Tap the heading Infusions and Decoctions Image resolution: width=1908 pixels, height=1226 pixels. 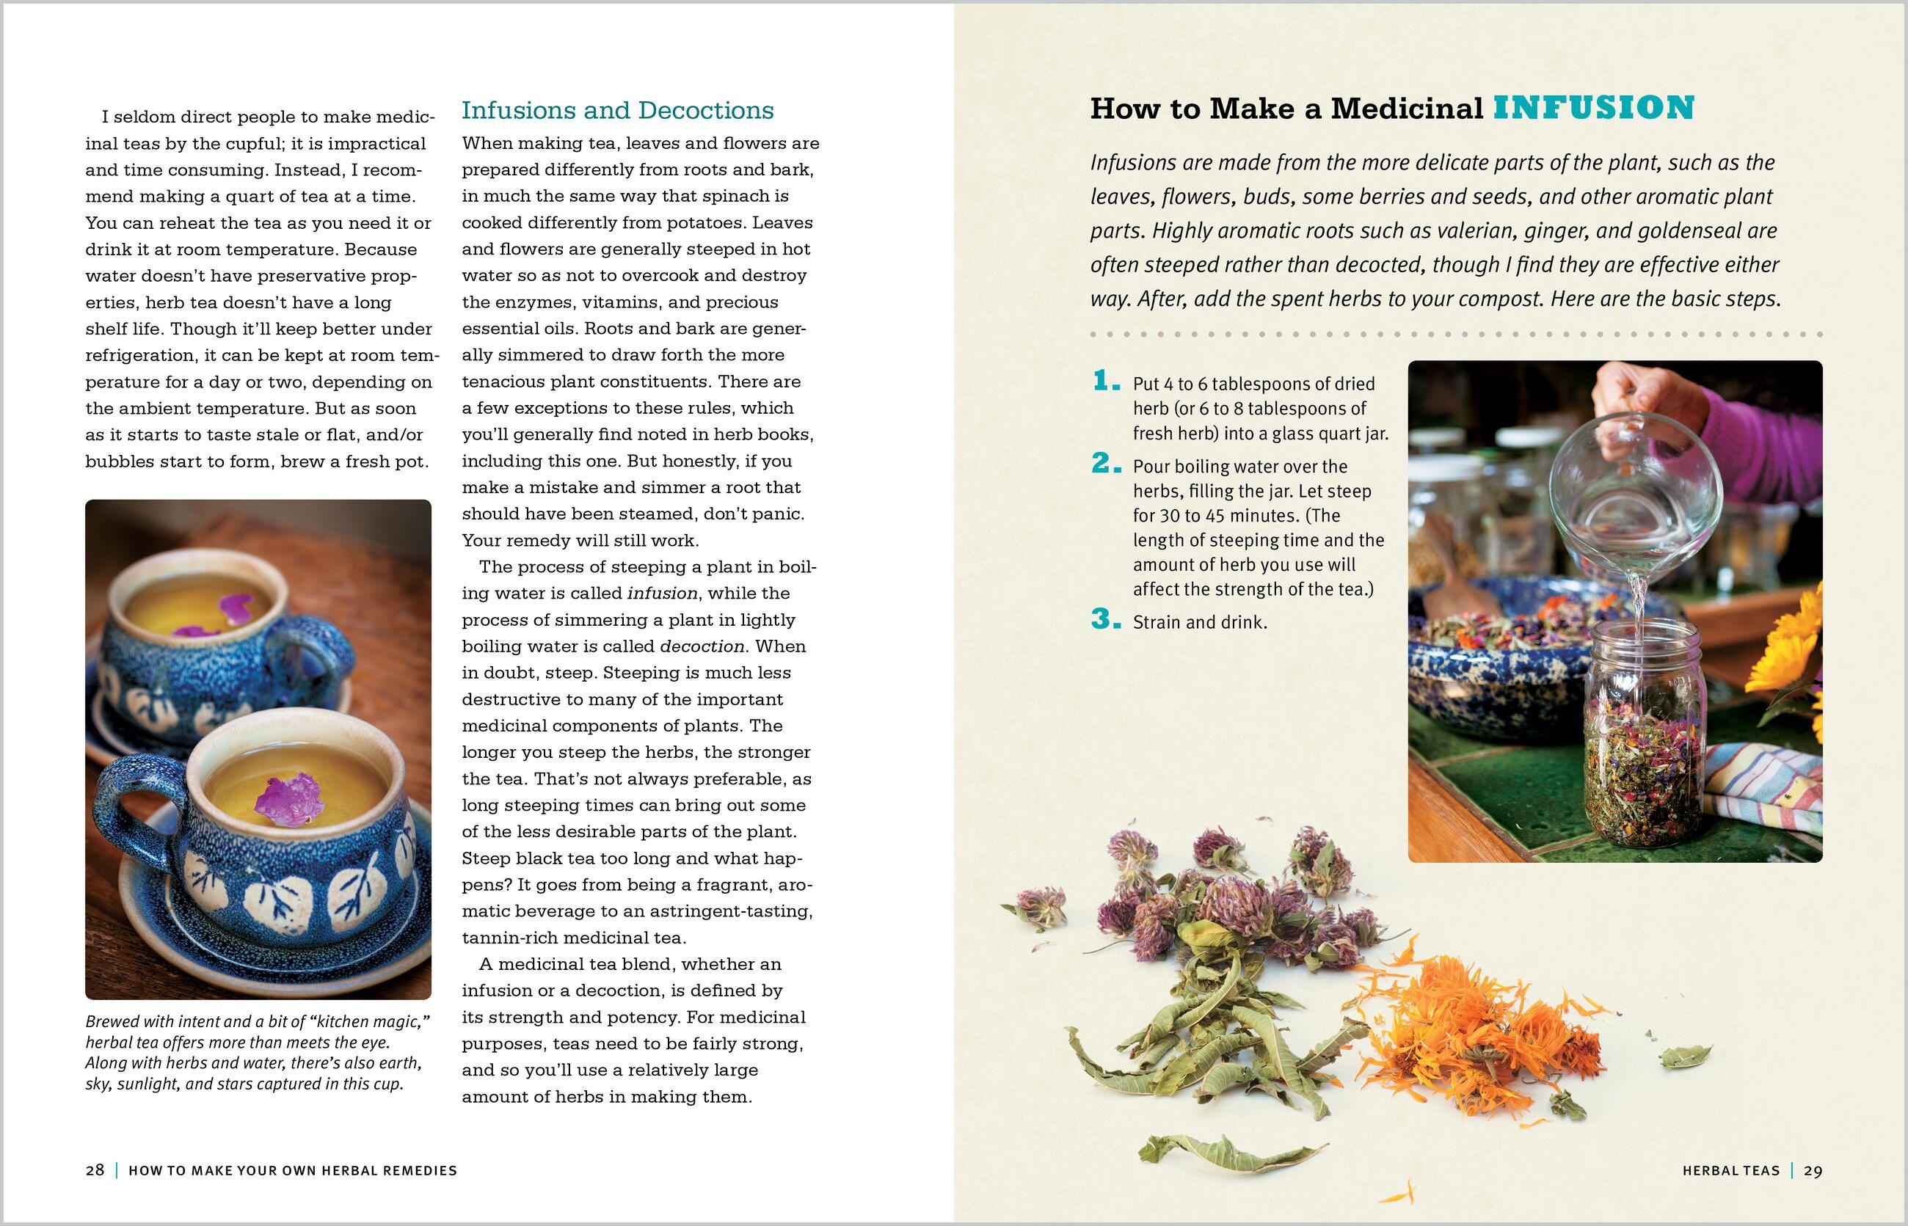[617, 110]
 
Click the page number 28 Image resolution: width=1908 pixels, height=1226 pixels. [95, 1170]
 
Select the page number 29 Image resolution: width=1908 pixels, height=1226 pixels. [1813, 1170]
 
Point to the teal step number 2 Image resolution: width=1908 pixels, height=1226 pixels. [1106, 464]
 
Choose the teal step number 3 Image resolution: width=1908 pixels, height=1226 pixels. [1106, 619]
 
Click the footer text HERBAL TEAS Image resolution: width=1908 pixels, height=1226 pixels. [1730, 1170]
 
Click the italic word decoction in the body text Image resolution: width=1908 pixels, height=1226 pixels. [702, 646]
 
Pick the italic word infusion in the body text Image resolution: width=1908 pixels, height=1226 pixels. [662, 594]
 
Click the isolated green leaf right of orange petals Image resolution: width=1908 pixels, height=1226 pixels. [1684, 1057]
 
